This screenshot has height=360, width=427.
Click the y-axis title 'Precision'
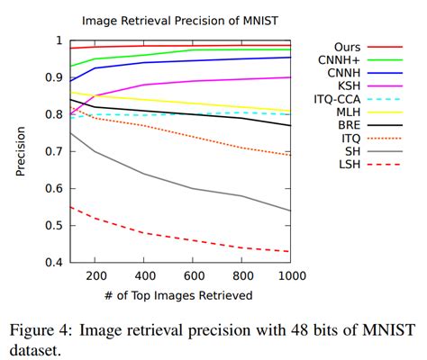pyautogui.click(x=21, y=151)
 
